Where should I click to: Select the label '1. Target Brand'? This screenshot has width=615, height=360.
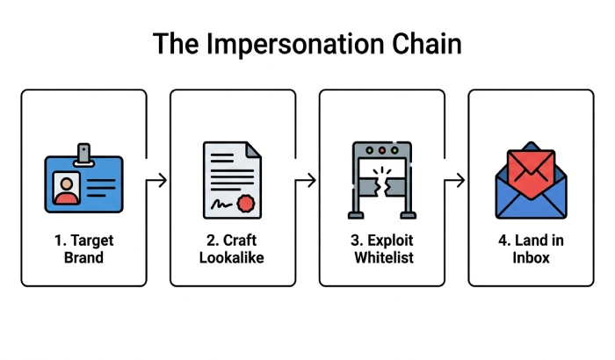(x=84, y=248)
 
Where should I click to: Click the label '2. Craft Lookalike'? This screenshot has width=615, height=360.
(x=232, y=248)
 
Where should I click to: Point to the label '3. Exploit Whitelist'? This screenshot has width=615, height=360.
(x=382, y=248)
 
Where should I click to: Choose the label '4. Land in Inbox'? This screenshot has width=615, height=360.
(x=531, y=248)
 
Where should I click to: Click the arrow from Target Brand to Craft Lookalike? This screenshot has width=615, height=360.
(x=157, y=180)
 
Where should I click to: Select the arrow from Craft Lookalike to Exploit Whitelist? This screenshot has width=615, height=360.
(x=306, y=180)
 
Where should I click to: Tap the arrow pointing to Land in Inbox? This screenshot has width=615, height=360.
(x=455, y=180)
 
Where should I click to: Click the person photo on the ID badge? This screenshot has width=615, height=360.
(x=66, y=189)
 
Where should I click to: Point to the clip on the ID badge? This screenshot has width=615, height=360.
(x=83, y=155)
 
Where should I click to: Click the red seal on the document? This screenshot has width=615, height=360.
(x=246, y=204)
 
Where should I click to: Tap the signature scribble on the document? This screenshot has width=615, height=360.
(x=221, y=205)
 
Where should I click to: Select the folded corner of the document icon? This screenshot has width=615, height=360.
(x=254, y=150)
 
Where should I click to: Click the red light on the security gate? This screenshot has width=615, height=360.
(x=382, y=150)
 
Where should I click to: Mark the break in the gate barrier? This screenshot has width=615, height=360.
(x=382, y=187)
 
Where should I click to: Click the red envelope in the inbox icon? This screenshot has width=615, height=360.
(x=531, y=174)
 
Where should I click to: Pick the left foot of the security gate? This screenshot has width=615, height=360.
(x=356, y=215)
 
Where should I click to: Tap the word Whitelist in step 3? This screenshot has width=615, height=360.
(x=384, y=257)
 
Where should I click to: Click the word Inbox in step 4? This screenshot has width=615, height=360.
(x=531, y=257)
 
